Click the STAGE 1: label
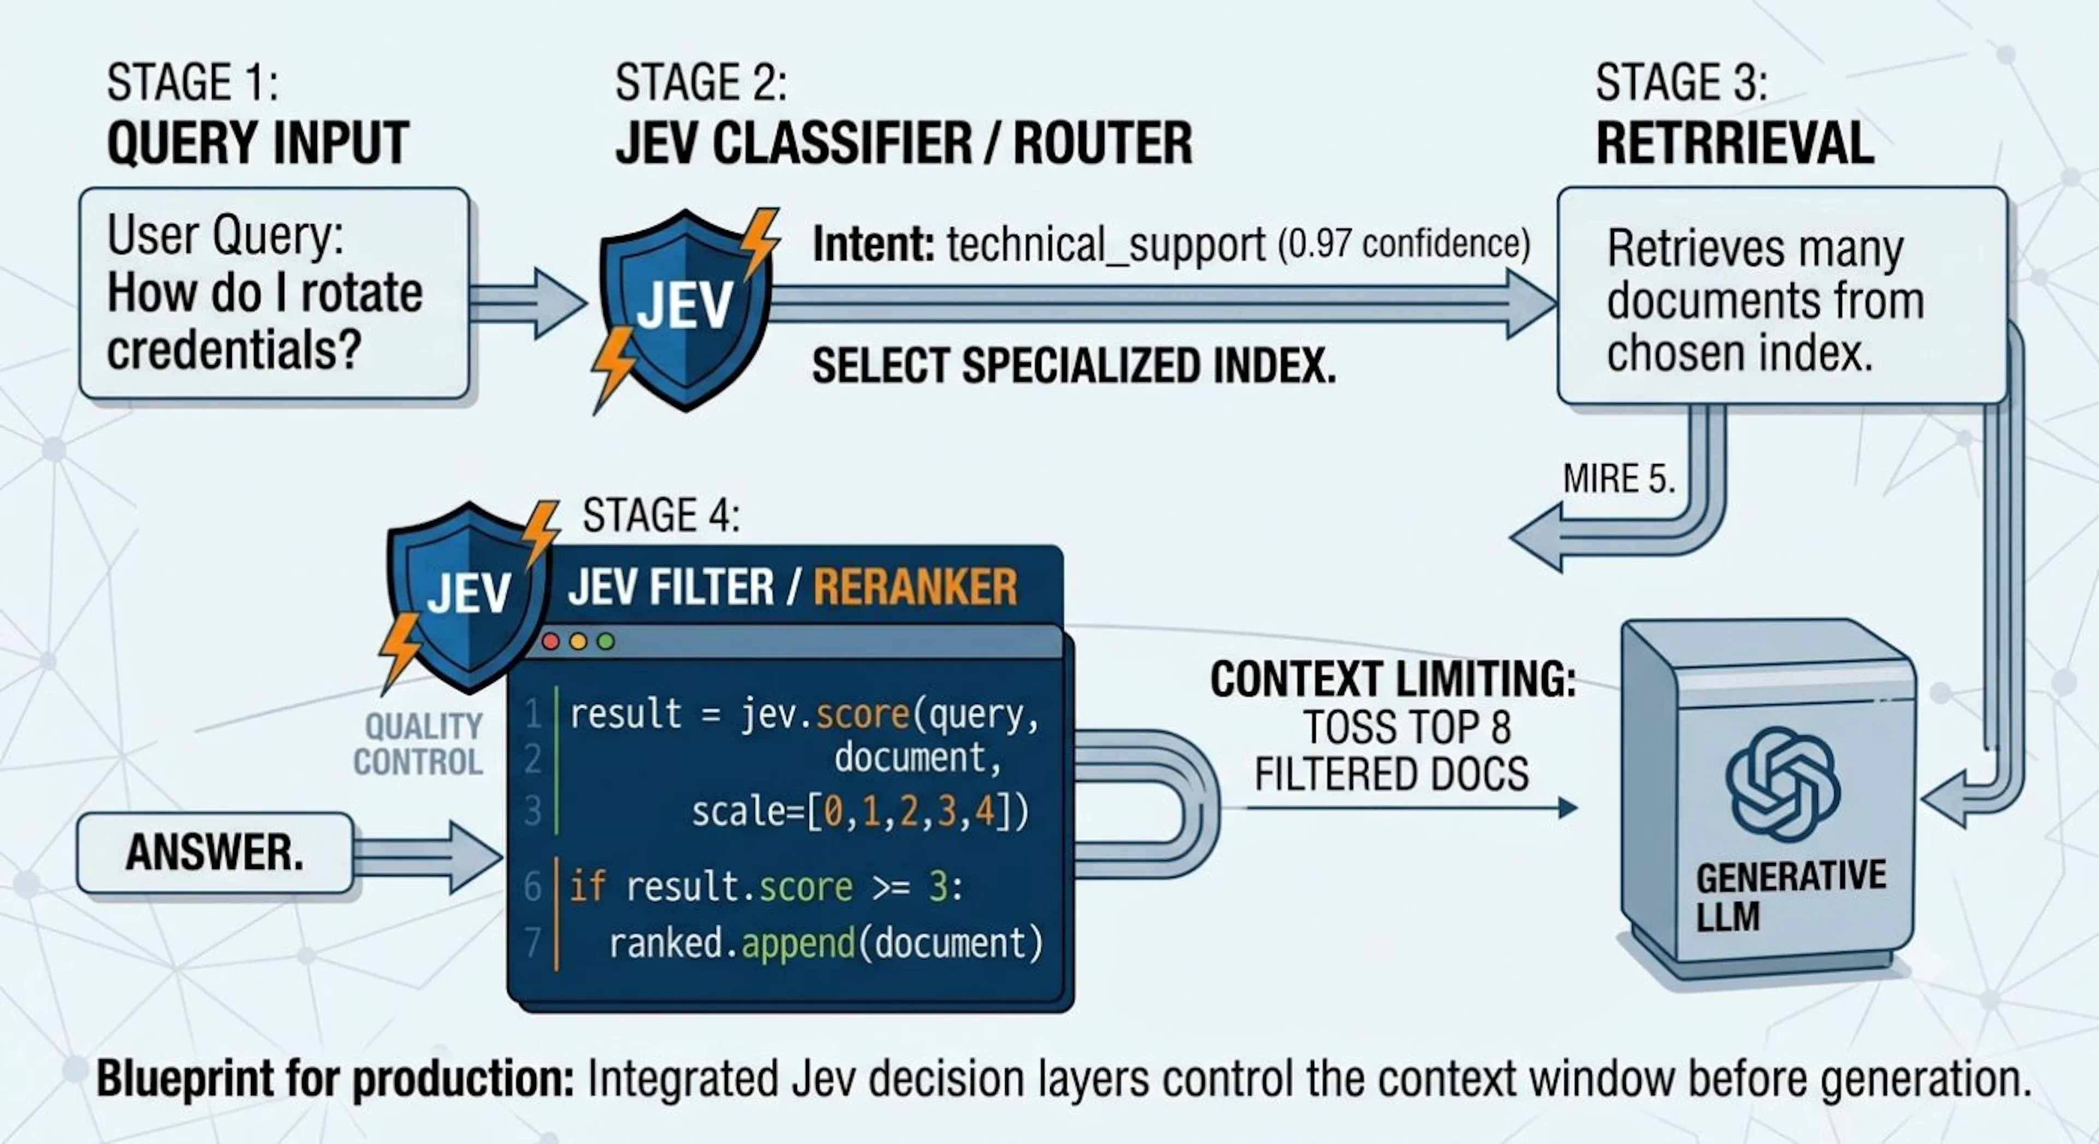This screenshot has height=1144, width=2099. coord(192,83)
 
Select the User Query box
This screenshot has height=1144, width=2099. coord(274,294)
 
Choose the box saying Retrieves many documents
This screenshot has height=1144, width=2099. coord(1782,296)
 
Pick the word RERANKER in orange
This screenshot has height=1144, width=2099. coord(915,586)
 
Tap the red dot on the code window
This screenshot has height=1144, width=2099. coord(551,642)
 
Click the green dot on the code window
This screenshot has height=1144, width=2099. coord(606,642)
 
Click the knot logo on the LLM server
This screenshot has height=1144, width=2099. coord(1782,784)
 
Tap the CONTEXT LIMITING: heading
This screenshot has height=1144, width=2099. coord(1393,679)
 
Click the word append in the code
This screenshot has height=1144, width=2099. coord(797,943)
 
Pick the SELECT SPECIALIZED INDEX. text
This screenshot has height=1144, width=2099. coord(1074,366)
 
